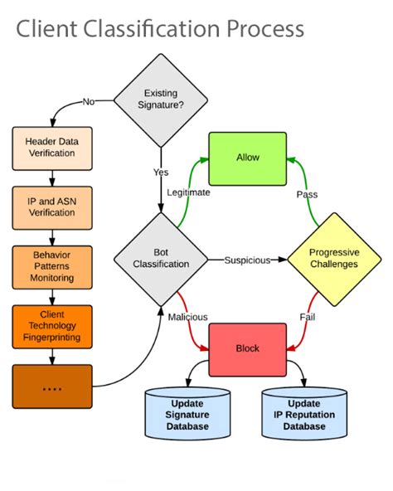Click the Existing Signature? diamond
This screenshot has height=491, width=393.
coord(161,100)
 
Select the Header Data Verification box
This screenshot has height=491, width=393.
coord(52,148)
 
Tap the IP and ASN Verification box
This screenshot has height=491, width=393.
coord(52,207)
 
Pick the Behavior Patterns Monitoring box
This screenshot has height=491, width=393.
coord(52,265)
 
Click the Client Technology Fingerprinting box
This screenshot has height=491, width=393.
coord(52,325)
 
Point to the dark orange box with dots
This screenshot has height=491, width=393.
coord(52,386)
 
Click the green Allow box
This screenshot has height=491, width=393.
coord(247,157)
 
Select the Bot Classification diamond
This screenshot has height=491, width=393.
coord(161,260)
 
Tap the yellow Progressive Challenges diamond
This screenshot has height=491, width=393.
coord(333,259)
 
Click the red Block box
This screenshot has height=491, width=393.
coord(247,348)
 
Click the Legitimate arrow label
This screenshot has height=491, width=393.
coord(187,192)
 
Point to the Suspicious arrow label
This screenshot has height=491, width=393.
coord(247,260)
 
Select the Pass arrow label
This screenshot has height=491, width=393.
coord(308,194)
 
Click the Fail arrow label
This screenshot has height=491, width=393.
coord(308,317)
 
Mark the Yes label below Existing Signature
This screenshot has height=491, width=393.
coord(161,172)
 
